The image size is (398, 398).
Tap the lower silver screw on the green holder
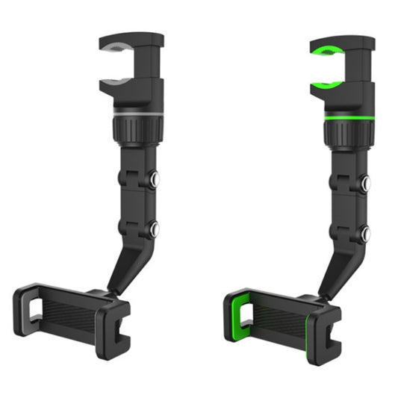pyautogui.click(x=366, y=233)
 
